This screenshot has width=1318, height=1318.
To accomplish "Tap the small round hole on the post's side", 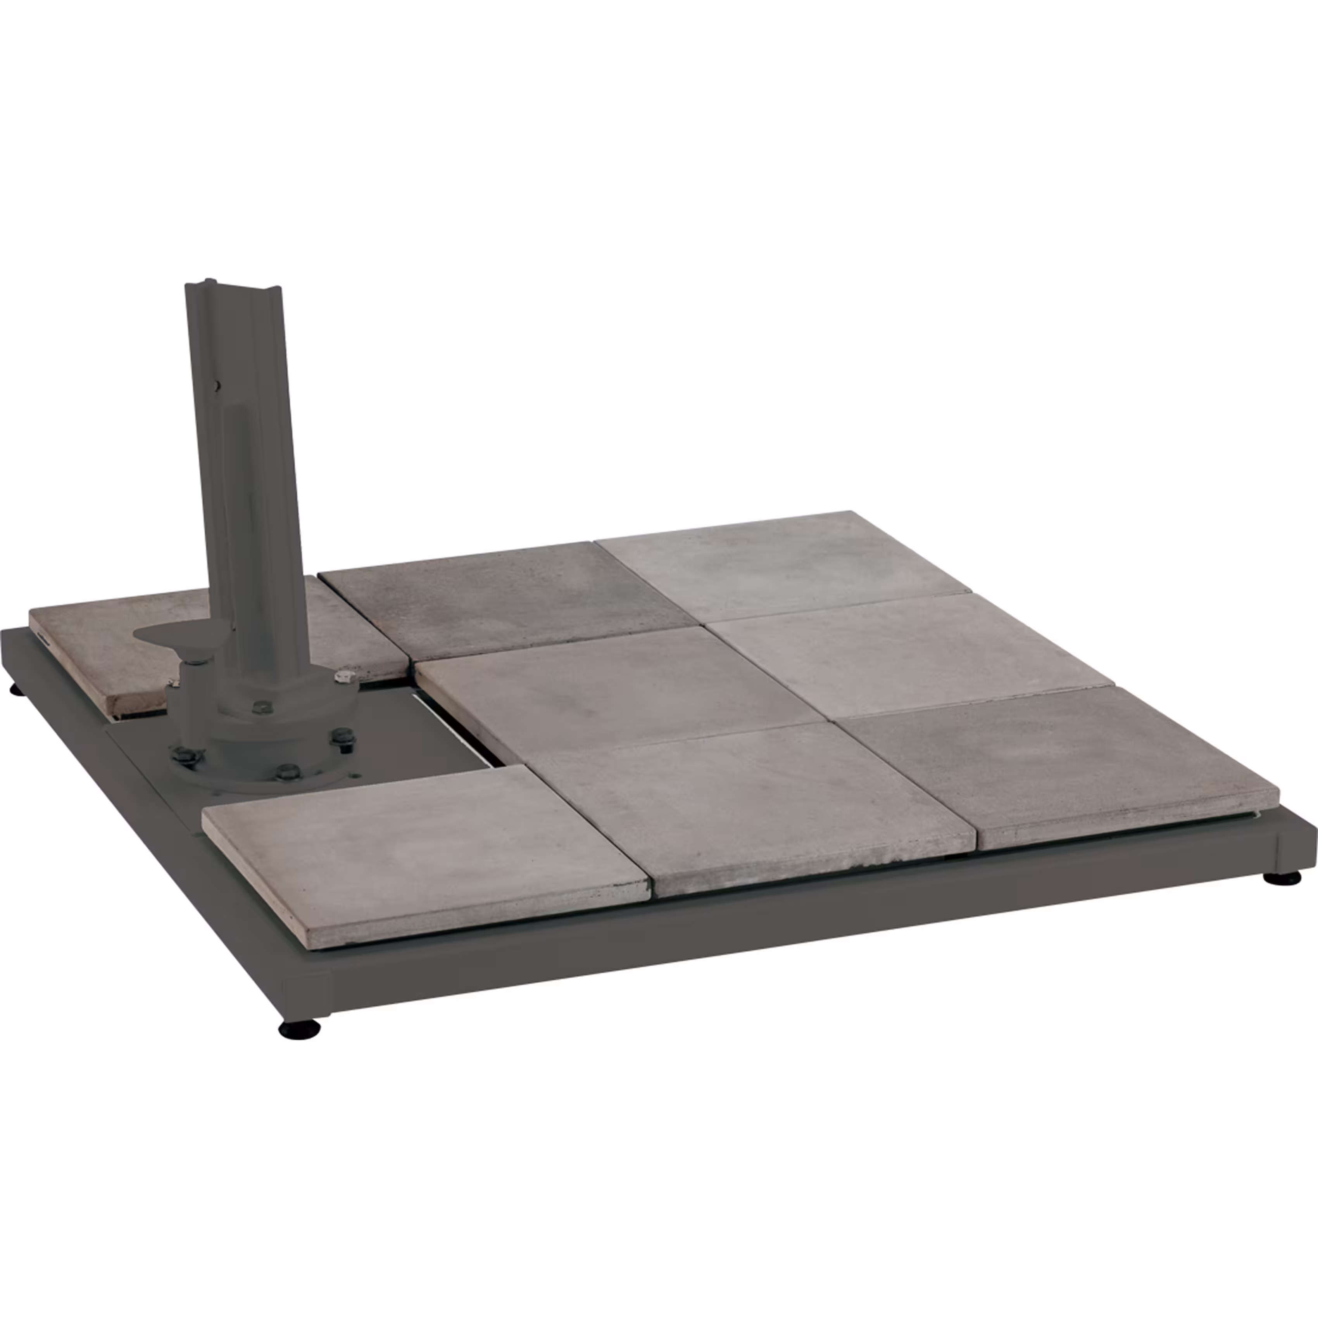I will point(217,385).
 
